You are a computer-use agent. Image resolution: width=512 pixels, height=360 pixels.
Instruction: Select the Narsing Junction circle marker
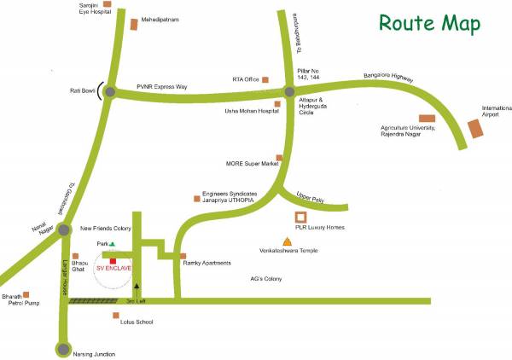click(63, 347)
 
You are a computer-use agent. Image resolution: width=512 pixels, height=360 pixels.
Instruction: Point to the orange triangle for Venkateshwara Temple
click(287, 242)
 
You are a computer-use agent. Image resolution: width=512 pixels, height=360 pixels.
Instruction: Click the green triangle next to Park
click(123, 244)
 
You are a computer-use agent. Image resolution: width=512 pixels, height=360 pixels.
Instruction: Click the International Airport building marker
click(475, 128)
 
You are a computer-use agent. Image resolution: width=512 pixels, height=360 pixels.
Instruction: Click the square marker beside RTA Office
click(265, 79)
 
